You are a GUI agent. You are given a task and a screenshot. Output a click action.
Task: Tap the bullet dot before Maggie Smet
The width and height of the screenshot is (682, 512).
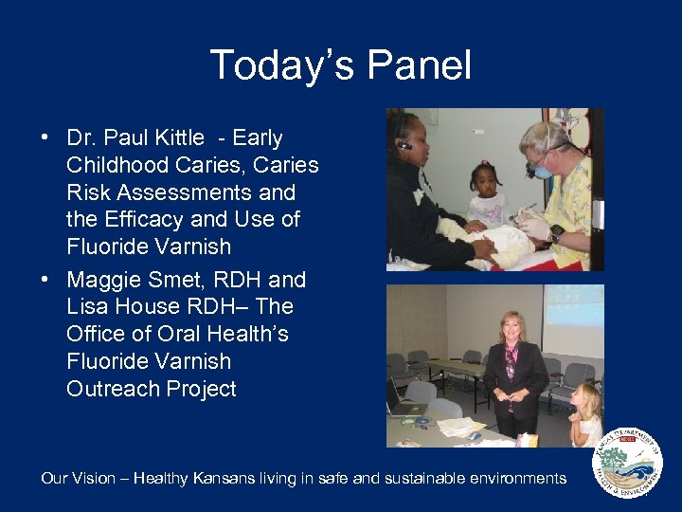[x=45, y=281]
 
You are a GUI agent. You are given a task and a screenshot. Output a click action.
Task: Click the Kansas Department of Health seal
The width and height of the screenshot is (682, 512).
[x=626, y=464]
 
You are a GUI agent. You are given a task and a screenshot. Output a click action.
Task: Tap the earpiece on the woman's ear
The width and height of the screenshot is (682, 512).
[x=406, y=145]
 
